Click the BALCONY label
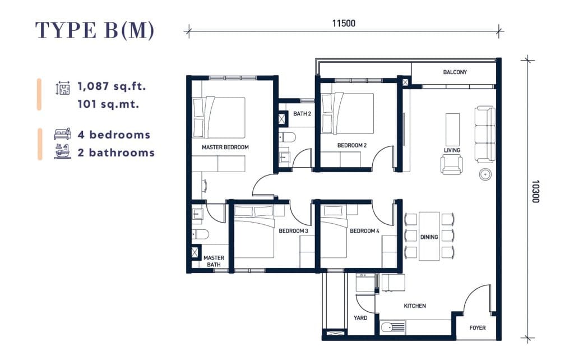(x=455, y=72)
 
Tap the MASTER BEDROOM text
(x=225, y=147)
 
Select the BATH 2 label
(x=302, y=114)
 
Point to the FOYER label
(x=478, y=328)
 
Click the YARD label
(x=360, y=318)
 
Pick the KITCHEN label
(x=415, y=306)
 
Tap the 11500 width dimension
(x=344, y=24)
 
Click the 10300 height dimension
(x=535, y=191)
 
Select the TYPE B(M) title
(x=95, y=30)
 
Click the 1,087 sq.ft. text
(x=112, y=86)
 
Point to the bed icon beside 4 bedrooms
(x=63, y=134)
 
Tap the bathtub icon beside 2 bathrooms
(x=63, y=151)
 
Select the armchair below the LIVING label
(x=452, y=164)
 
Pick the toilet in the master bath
(x=200, y=234)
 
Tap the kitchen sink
(x=393, y=327)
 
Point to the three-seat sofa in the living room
(x=485, y=134)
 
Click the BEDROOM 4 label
(x=364, y=230)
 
